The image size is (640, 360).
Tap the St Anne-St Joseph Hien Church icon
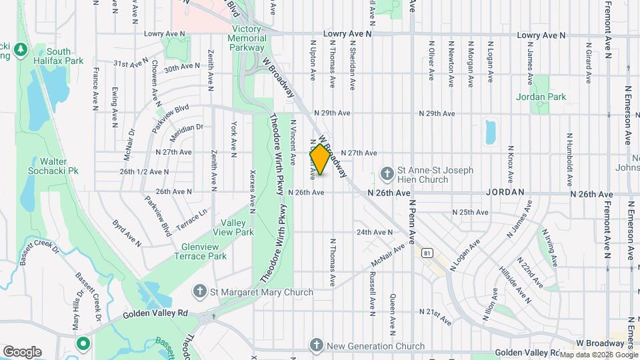click(387, 175)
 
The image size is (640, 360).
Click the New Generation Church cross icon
click(317, 345)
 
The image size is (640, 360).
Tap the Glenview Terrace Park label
click(204, 251)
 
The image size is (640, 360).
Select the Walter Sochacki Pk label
click(59, 166)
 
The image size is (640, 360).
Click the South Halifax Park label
click(59, 56)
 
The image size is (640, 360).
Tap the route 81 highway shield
click(427, 253)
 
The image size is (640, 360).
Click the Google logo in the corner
click(21, 351)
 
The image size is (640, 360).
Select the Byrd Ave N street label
click(127, 233)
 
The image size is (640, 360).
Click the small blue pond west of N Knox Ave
click(491, 132)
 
